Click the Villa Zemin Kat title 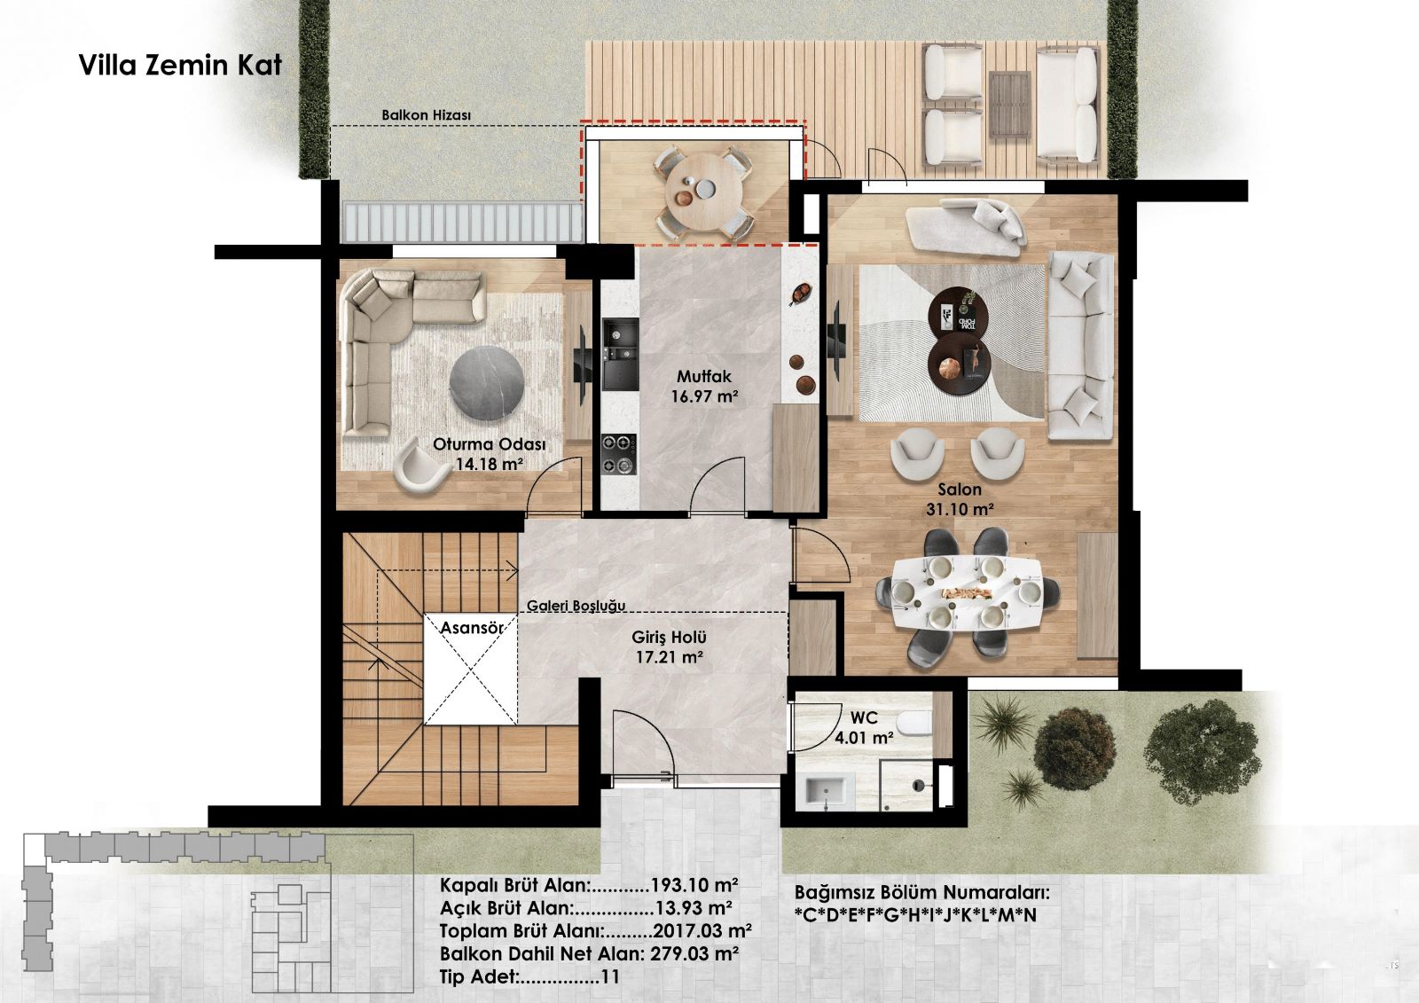coord(181,66)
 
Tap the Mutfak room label coord(704,376)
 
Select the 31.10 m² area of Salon coord(959,509)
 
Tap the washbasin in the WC coord(826,792)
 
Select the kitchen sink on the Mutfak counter coord(620,354)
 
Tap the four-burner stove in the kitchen coord(619,454)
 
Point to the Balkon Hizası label coord(426,115)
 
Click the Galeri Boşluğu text coord(576,606)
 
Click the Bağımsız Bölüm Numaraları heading coord(921,893)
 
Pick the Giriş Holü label coord(669,637)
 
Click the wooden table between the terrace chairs coord(1010,103)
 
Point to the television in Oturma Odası coord(582,366)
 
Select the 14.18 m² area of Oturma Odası coord(489,465)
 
